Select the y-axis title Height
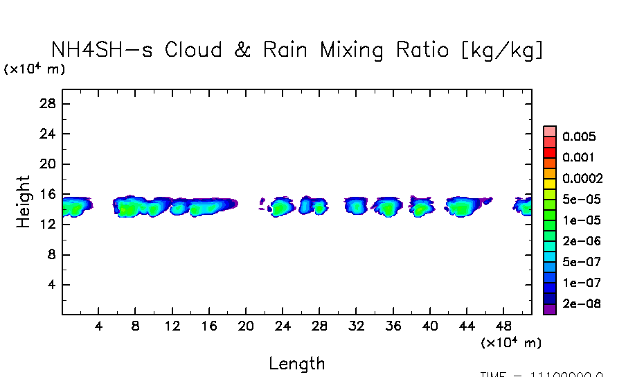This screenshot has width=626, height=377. [24, 202]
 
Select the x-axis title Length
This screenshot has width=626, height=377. [296, 363]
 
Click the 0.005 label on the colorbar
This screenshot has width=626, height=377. [579, 137]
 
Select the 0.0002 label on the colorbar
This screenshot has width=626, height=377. [582, 178]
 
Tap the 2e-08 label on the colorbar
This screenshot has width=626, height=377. [582, 304]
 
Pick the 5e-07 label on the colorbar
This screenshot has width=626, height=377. [582, 262]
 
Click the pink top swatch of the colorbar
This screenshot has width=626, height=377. [550, 131]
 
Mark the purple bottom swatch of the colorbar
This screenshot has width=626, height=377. [550, 310]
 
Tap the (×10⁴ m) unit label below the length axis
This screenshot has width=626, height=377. [511, 343]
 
